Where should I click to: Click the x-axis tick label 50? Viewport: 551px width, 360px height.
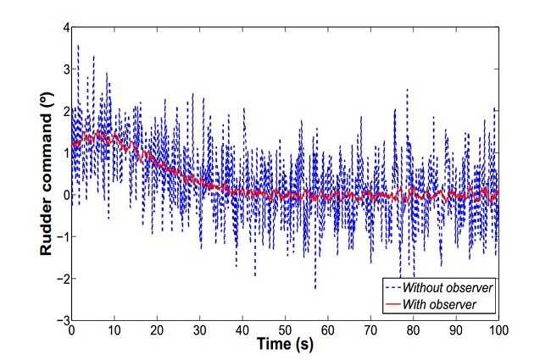pyautogui.click(x=286, y=331)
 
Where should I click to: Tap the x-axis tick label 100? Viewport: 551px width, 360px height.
pyautogui.click(x=498, y=331)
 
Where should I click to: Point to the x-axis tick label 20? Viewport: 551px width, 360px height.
pyautogui.click(x=157, y=331)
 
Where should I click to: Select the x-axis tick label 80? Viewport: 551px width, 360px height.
pyautogui.click(x=414, y=331)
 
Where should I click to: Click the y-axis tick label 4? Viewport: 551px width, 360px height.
pyautogui.click(x=64, y=28)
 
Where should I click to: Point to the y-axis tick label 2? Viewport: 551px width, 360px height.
pyautogui.click(x=64, y=112)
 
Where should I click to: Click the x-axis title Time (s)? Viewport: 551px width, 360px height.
pyautogui.click(x=286, y=346)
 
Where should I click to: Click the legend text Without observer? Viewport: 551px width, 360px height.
pyautogui.click(x=450, y=288)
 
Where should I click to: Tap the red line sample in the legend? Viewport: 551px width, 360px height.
pyautogui.click(x=394, y=303)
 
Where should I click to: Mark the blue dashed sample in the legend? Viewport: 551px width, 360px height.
pyautogui.click(x=394, y=288)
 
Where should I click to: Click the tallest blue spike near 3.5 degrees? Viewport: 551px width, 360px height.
pyautogui.click(x=78, y=46)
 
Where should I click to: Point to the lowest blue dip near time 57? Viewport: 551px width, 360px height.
pyautogui.click(x=315, y=288)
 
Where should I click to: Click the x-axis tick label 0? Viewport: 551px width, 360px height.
pyautogui.click(x=72, y=331)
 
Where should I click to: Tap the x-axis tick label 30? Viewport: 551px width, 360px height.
pyautogui.click(x=200, y=331)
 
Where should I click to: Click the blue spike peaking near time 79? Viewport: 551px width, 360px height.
pyautogui.click(x=407, y=90)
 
